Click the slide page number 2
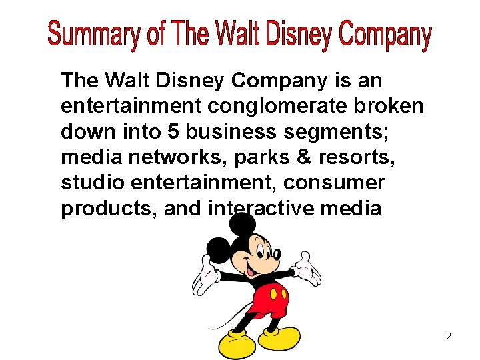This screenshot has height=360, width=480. click(449, 337)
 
